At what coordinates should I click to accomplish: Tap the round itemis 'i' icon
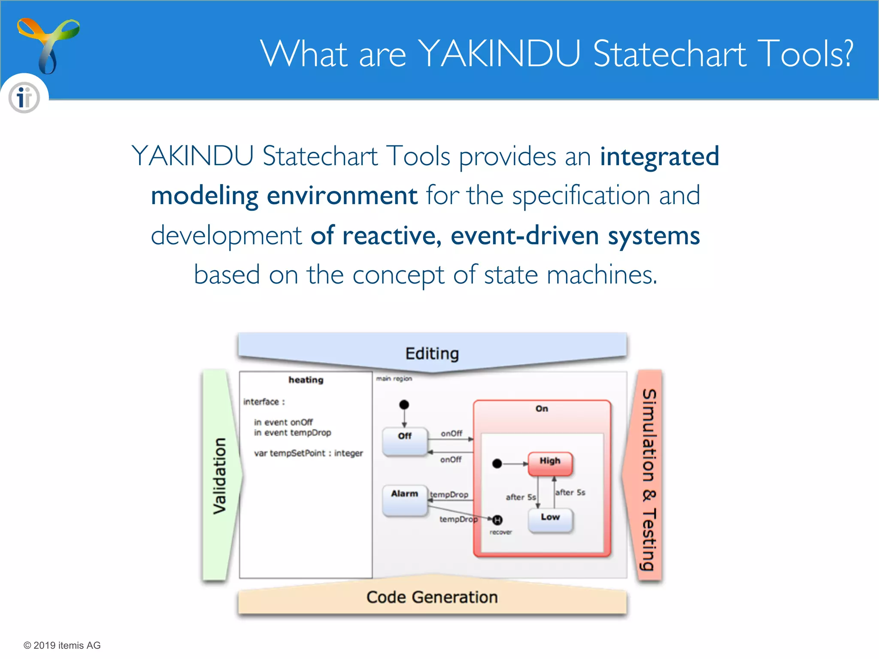pos(24,98)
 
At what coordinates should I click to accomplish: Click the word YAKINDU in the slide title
pos(499,54)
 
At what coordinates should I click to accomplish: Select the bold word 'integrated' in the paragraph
pos(659,156)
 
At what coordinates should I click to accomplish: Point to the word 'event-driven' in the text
pos(524,236)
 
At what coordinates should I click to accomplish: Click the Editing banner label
pos(432,354)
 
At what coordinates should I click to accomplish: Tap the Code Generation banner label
pos(432,597)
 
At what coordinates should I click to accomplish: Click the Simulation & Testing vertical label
pos(649,479)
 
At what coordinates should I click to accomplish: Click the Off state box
pos(405,441)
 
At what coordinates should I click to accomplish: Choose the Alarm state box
pos(405,500)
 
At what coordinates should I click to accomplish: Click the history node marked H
pos(497,520)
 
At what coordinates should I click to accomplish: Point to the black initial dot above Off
pos(404,405)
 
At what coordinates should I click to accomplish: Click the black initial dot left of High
pos(497,464)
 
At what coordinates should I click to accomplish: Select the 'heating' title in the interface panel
pos(306,380)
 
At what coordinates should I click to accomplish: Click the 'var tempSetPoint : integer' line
pos(308,453)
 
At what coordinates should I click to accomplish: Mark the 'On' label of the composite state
pos(542,409)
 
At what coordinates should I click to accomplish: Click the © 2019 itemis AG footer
pos(62,645)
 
